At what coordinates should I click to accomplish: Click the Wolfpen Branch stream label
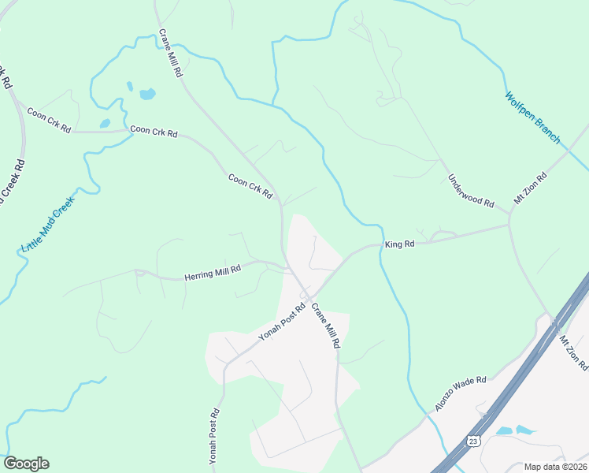533,118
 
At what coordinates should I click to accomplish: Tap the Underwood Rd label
471,192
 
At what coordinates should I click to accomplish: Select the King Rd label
399,245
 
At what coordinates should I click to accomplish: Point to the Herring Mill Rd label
212,273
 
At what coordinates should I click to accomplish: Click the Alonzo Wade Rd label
461,393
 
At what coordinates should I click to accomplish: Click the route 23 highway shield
472,441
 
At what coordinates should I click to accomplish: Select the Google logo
26,464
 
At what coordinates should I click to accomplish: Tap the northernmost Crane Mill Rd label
171,53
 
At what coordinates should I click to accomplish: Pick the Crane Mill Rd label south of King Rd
325,326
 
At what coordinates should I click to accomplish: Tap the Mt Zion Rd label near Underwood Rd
530,189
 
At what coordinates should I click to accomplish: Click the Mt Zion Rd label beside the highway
573,352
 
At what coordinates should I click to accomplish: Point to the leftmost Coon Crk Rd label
49,119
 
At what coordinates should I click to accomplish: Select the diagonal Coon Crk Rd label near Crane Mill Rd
250,186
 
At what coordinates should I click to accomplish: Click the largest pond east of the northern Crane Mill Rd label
147,95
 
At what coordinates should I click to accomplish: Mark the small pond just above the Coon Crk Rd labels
105,124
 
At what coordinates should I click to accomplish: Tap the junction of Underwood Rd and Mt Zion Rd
509,224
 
